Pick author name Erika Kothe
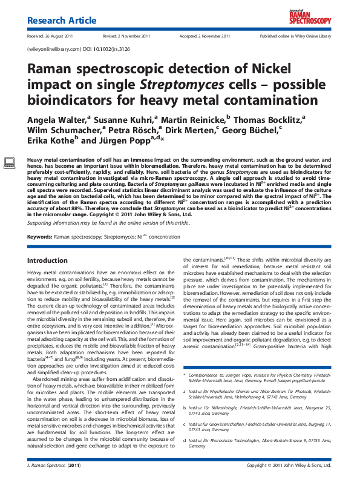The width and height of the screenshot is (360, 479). point(52,140)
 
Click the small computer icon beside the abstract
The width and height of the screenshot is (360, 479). point(10,162)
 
